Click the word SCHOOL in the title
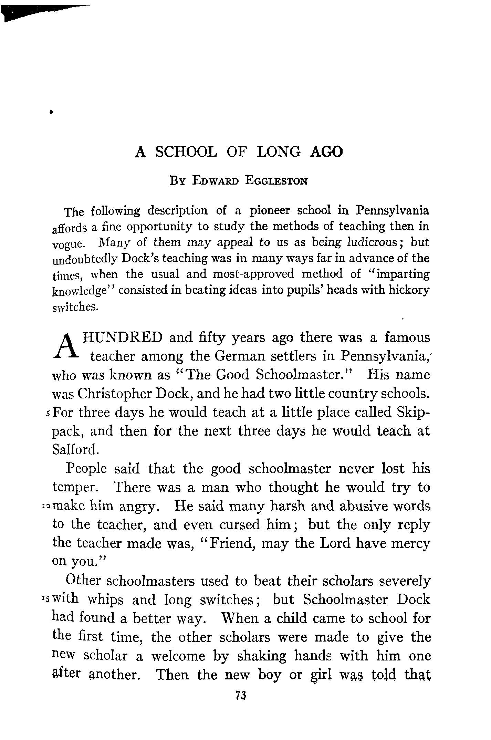186,152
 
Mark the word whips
105,600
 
